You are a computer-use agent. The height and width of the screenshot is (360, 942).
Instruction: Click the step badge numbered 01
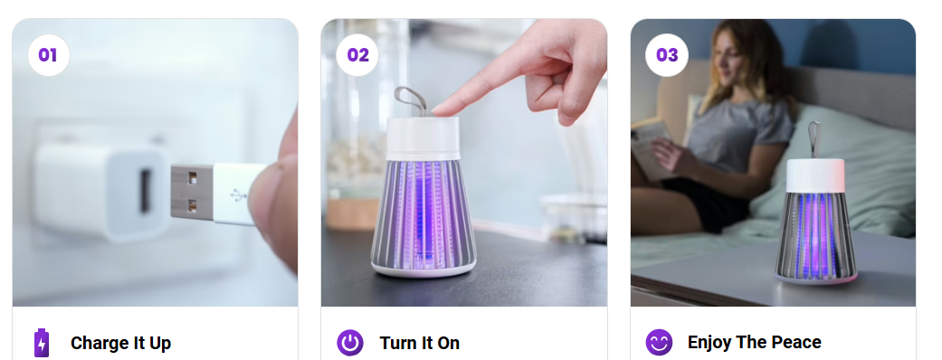48,55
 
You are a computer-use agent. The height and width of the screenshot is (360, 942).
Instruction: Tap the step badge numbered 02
357,55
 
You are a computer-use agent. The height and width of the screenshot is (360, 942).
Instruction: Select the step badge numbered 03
667,55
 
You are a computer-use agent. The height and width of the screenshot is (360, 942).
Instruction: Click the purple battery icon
42,343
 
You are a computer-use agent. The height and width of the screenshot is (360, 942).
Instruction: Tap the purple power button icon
350,343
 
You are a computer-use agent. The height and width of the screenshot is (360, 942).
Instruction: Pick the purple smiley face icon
659,343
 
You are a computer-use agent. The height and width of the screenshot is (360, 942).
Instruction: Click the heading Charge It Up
120,343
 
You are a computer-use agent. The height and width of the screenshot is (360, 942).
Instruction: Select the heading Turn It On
420,343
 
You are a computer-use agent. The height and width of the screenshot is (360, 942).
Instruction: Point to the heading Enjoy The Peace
755,342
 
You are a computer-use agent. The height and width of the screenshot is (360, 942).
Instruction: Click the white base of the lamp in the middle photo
423,265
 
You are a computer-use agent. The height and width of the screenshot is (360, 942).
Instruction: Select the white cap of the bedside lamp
814,175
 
